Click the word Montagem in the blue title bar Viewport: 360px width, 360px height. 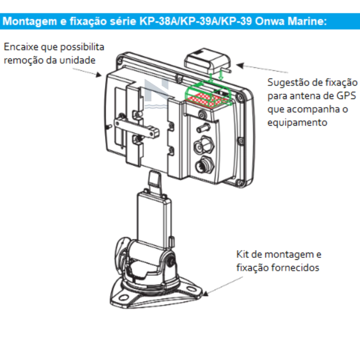(30, 21)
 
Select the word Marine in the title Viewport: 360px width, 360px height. (307, 21)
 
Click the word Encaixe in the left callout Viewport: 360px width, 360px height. (21, 47)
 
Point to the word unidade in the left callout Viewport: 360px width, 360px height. (77, 60)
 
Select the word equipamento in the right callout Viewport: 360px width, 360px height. (297, 123)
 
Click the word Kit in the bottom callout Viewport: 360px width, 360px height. (243, 255)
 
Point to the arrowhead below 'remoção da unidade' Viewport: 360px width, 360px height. (99, 75)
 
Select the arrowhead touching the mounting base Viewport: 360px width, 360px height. (205, 293)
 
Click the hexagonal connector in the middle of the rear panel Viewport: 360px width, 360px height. (204, 145)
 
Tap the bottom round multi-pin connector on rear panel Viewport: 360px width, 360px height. (204, 165)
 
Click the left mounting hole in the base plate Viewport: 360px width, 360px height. (124, 298)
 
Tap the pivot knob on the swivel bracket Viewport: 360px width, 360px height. (170, 262)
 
